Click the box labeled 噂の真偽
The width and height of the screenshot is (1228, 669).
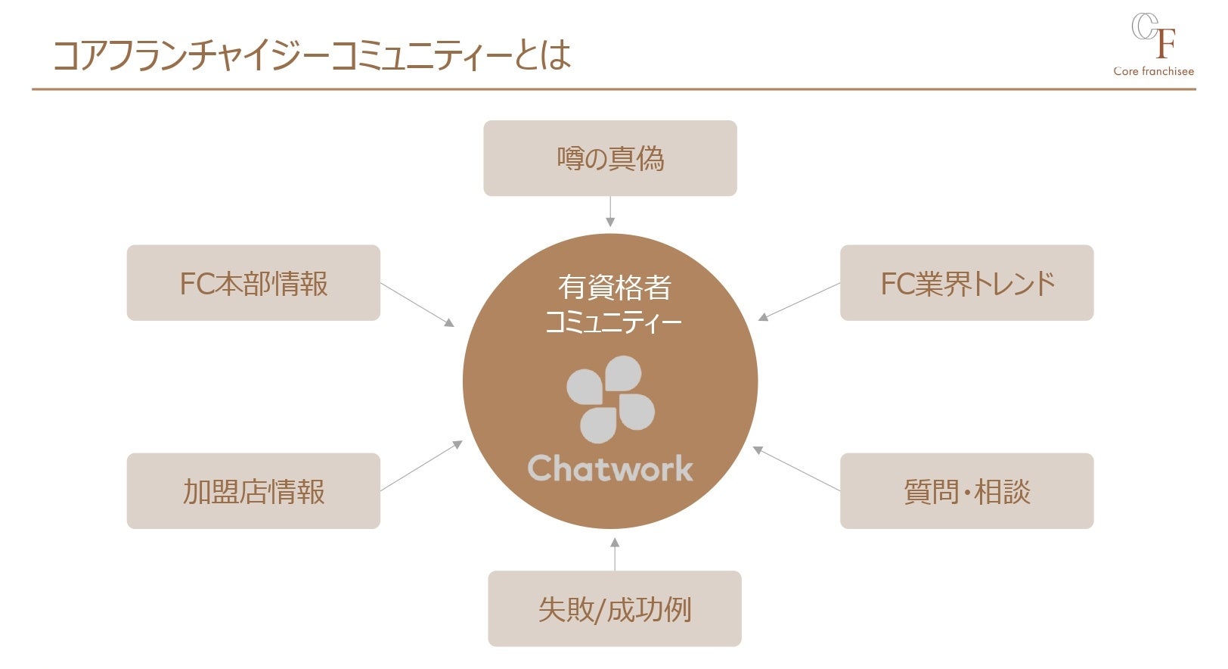(609, 158)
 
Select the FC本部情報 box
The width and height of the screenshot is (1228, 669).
(253, 283)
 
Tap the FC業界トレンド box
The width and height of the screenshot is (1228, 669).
(966, 283)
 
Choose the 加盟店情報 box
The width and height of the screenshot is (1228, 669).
(253, 491)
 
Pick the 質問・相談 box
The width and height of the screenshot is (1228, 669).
(966, 491)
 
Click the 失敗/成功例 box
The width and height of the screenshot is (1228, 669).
(614, 608)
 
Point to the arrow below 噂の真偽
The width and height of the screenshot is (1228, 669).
(609, 211)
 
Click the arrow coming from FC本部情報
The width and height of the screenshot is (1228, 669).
(417, 305)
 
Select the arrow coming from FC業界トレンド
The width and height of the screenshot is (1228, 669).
(799, 302)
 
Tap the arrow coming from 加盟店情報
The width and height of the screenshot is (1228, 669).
(421, 466)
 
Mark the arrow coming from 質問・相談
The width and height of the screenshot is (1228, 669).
(796, 469)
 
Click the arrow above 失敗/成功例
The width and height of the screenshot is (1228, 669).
(614, 554)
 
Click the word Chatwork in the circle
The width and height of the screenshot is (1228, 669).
(609, 468)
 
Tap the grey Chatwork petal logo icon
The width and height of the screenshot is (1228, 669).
(609, 400)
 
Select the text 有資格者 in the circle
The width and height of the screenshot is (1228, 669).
(614, 288)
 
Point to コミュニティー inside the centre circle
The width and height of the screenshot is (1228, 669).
(613, 323)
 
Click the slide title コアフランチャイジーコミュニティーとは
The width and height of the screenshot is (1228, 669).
(312, 55)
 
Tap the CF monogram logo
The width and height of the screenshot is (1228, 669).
(1153, 36)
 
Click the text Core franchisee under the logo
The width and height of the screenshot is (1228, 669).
(1153, 71)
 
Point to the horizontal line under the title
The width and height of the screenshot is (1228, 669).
(613, 89)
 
